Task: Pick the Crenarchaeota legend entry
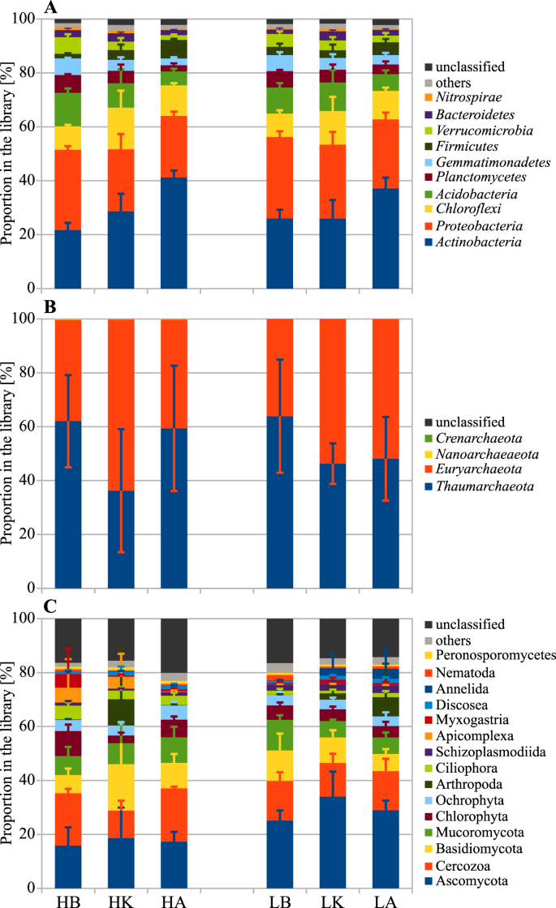(x=478, y=438)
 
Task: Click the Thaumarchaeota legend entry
(x=484, y=486)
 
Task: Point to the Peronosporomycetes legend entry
(x=497, y=657)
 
